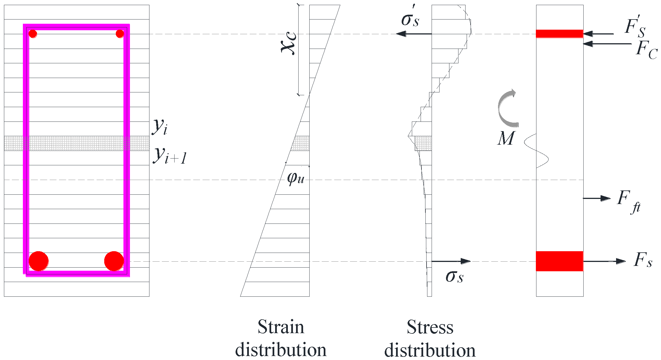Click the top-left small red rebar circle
point(33,34)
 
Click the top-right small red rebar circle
point(120,34)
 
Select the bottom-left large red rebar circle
point(39,261)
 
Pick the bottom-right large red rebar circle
point(114,261)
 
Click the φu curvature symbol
point(296,178)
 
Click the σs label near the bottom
point(455,276)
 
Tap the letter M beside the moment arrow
point(506,139)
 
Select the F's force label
point(635,27)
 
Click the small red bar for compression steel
point(560,34)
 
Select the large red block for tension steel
point(560,261)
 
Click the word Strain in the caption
point(281,327)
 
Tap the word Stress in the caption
point(430,327)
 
